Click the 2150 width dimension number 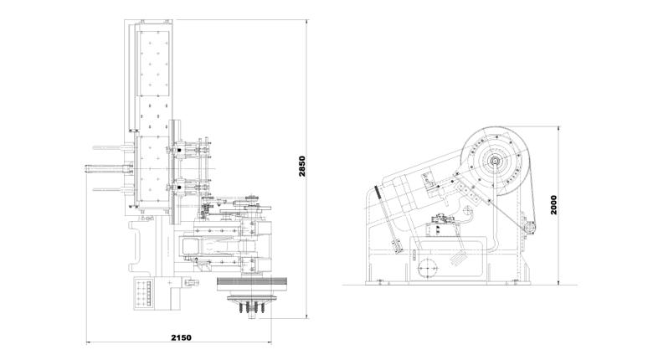pyautogui.click(x=181, y=337)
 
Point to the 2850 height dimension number pyautogui.click(x=302, y=167)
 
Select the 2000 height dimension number pyautogui.click(x=553, y=204)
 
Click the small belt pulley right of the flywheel pyautogui.click(x=530, y=228)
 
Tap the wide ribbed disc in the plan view pyautogui.click(x=252, y=284)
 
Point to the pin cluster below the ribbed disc pyautogui.click(x=252, y=308)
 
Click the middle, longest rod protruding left pyautogui.click(x=109, y=168)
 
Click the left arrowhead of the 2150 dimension pyautogui.click(x=89, y=343)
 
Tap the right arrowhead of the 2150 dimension pyautogui.click(x=269, y=343)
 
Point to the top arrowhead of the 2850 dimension pyautogui.click(x=306, y=23)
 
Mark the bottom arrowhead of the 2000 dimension pyautogui.click(x=558, y=282)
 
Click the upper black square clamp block pyautogui.click(x=178, y=150)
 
